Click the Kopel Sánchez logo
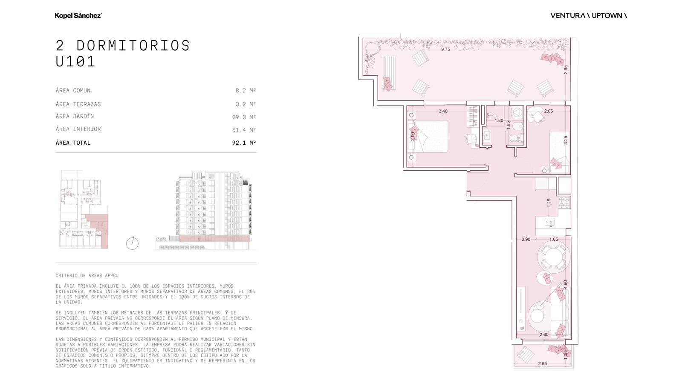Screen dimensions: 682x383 (78, 15)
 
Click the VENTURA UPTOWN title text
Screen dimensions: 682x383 (589, 15)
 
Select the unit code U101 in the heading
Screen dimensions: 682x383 (75, 61)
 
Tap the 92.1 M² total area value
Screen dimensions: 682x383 (244, 143)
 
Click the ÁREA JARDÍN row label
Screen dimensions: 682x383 (75, 116)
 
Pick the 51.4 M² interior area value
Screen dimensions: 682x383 (244, 130)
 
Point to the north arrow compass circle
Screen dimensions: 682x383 (132, 243)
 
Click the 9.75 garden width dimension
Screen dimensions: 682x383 (445, 49)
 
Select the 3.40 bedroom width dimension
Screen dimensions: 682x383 (443, 111)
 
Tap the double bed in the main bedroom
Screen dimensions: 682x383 (428, 136)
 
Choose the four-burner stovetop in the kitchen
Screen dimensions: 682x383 (564, 203)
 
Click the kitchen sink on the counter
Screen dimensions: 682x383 (549, 222)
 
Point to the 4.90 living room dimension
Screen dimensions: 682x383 (565, 285)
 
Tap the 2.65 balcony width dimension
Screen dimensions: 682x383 (543, 363)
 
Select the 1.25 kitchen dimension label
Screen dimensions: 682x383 (549, 203)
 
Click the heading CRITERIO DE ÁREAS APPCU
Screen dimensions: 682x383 (87, 276)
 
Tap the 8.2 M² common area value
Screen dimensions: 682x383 (246, 90)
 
